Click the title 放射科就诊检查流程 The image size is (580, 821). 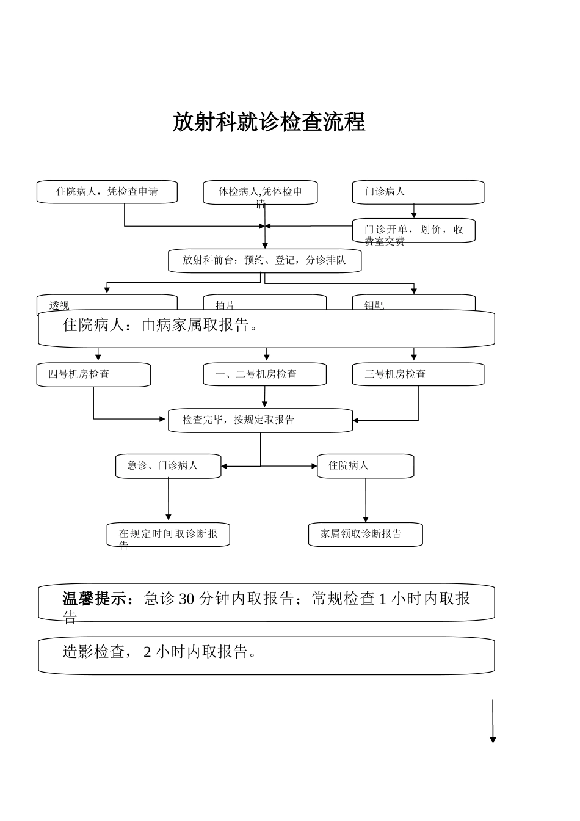[x=269, y=122]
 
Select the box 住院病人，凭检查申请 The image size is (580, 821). [x=107, y=192]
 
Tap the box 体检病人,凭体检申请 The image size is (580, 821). [x=260, y=192]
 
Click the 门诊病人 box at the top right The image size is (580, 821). [x=418, y=192]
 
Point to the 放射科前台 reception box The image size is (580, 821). [x=264, y=260]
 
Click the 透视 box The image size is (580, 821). [x=107, y=303]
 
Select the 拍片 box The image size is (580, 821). [x=264, y=303]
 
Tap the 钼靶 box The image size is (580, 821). [x=413, y=303]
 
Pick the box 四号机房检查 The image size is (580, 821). [x=93, y=374]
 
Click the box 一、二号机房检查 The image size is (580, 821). [x=264, y=374]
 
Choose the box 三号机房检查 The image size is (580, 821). [x=418, y=374]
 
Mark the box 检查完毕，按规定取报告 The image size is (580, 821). [x=260, y=420]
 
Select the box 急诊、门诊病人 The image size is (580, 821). [x=168, y=466]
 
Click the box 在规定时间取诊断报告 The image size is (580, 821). [x=168, y=535]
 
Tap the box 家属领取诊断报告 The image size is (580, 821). [x=365, y=535]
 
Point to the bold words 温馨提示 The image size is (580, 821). [x=98, y=599]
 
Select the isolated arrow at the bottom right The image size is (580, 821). [x=493, y=721]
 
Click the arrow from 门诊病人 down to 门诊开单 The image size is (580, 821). [x=414, y=211]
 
